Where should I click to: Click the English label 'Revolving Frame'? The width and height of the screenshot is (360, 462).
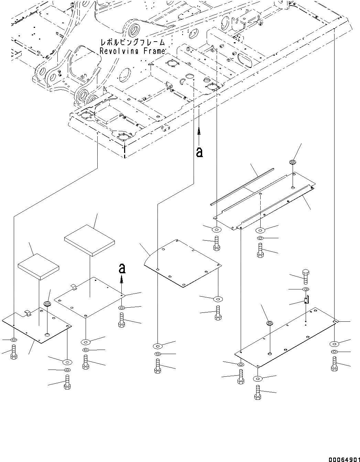pyautogui.click(x=132, y=51)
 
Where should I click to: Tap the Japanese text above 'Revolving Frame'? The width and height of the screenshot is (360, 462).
pyautogui.click(x=132, y=43)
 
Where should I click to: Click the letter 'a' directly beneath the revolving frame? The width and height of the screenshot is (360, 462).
pyautogui.click(x=199, y=152)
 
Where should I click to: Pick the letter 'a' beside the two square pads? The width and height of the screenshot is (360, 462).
pyautogui.click(x=122, y=268)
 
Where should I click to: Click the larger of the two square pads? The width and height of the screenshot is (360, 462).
pyautogui.click(x=89, y=240)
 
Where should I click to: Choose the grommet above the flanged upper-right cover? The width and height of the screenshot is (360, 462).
pyautogui.click(x=293, y=162)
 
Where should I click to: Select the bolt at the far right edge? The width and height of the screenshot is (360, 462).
pyautogui.click(x=334, y=364)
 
